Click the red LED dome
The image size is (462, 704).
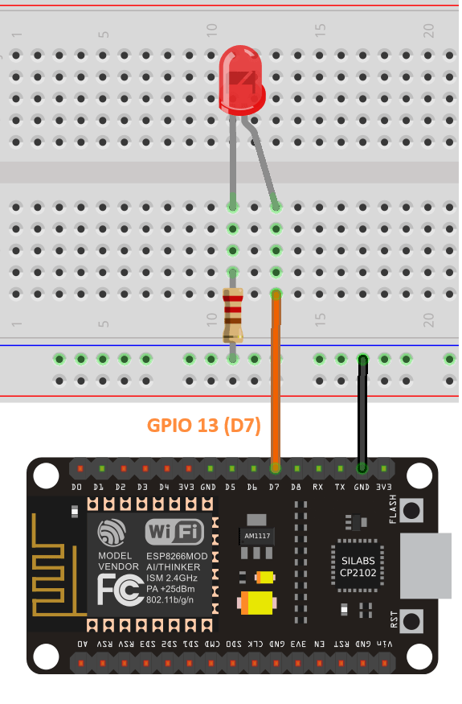[242, 80]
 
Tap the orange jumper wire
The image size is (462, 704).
[276, 378]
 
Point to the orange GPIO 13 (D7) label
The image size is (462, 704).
[204, 426]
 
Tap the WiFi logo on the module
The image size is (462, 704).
[174, 531]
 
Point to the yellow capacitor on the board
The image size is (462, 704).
[256, 601]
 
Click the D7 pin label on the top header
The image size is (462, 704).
[275, 488]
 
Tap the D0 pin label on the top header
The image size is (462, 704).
[77, 488]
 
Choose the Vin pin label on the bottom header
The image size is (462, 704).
[386, 644]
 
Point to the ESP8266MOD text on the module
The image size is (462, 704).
[177, 556]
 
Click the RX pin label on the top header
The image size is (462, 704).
[318, 488]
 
